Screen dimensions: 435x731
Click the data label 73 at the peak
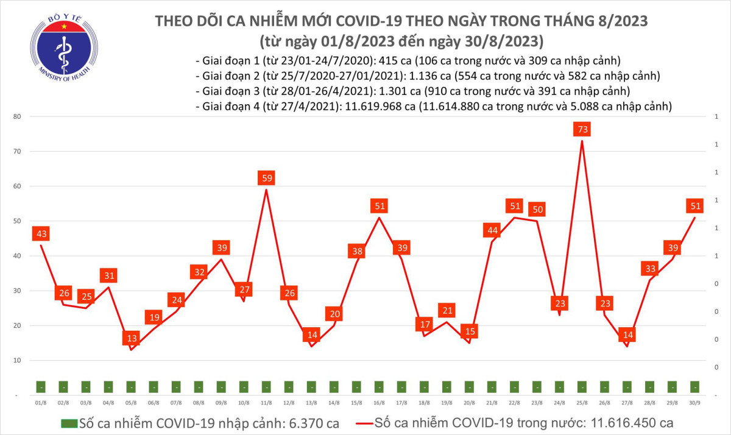pyautogui.click(x=582, y=129)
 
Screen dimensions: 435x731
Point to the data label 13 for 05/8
pyautogui.click(x=131, y=338)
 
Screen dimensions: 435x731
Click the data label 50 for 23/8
pyautogui.click(x=537, y=210)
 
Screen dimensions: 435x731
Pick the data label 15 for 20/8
pyautogui.click(x=469, y=331)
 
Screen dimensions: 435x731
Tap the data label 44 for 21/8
pyautogui.click(x=492, y=230)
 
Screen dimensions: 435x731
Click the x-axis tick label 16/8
pyautogui.click(x=379, y=403)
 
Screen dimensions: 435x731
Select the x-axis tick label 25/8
pyautogui.click(x=582, y=403)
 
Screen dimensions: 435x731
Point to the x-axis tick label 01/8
pyautogui.click(x=41, y=403)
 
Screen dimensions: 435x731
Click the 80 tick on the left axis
pyautogui.click(x=18, y=116)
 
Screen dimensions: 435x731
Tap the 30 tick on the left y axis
pyautogui.click(x=18, y=291)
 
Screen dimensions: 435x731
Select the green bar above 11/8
pyautogui.click(x=266, y=387)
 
